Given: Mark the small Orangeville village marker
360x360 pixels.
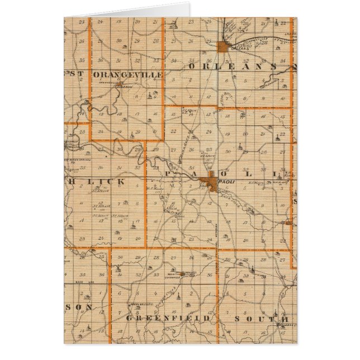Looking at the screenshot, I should (120, 85).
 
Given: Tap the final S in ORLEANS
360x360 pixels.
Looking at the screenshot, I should (274, 67).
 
